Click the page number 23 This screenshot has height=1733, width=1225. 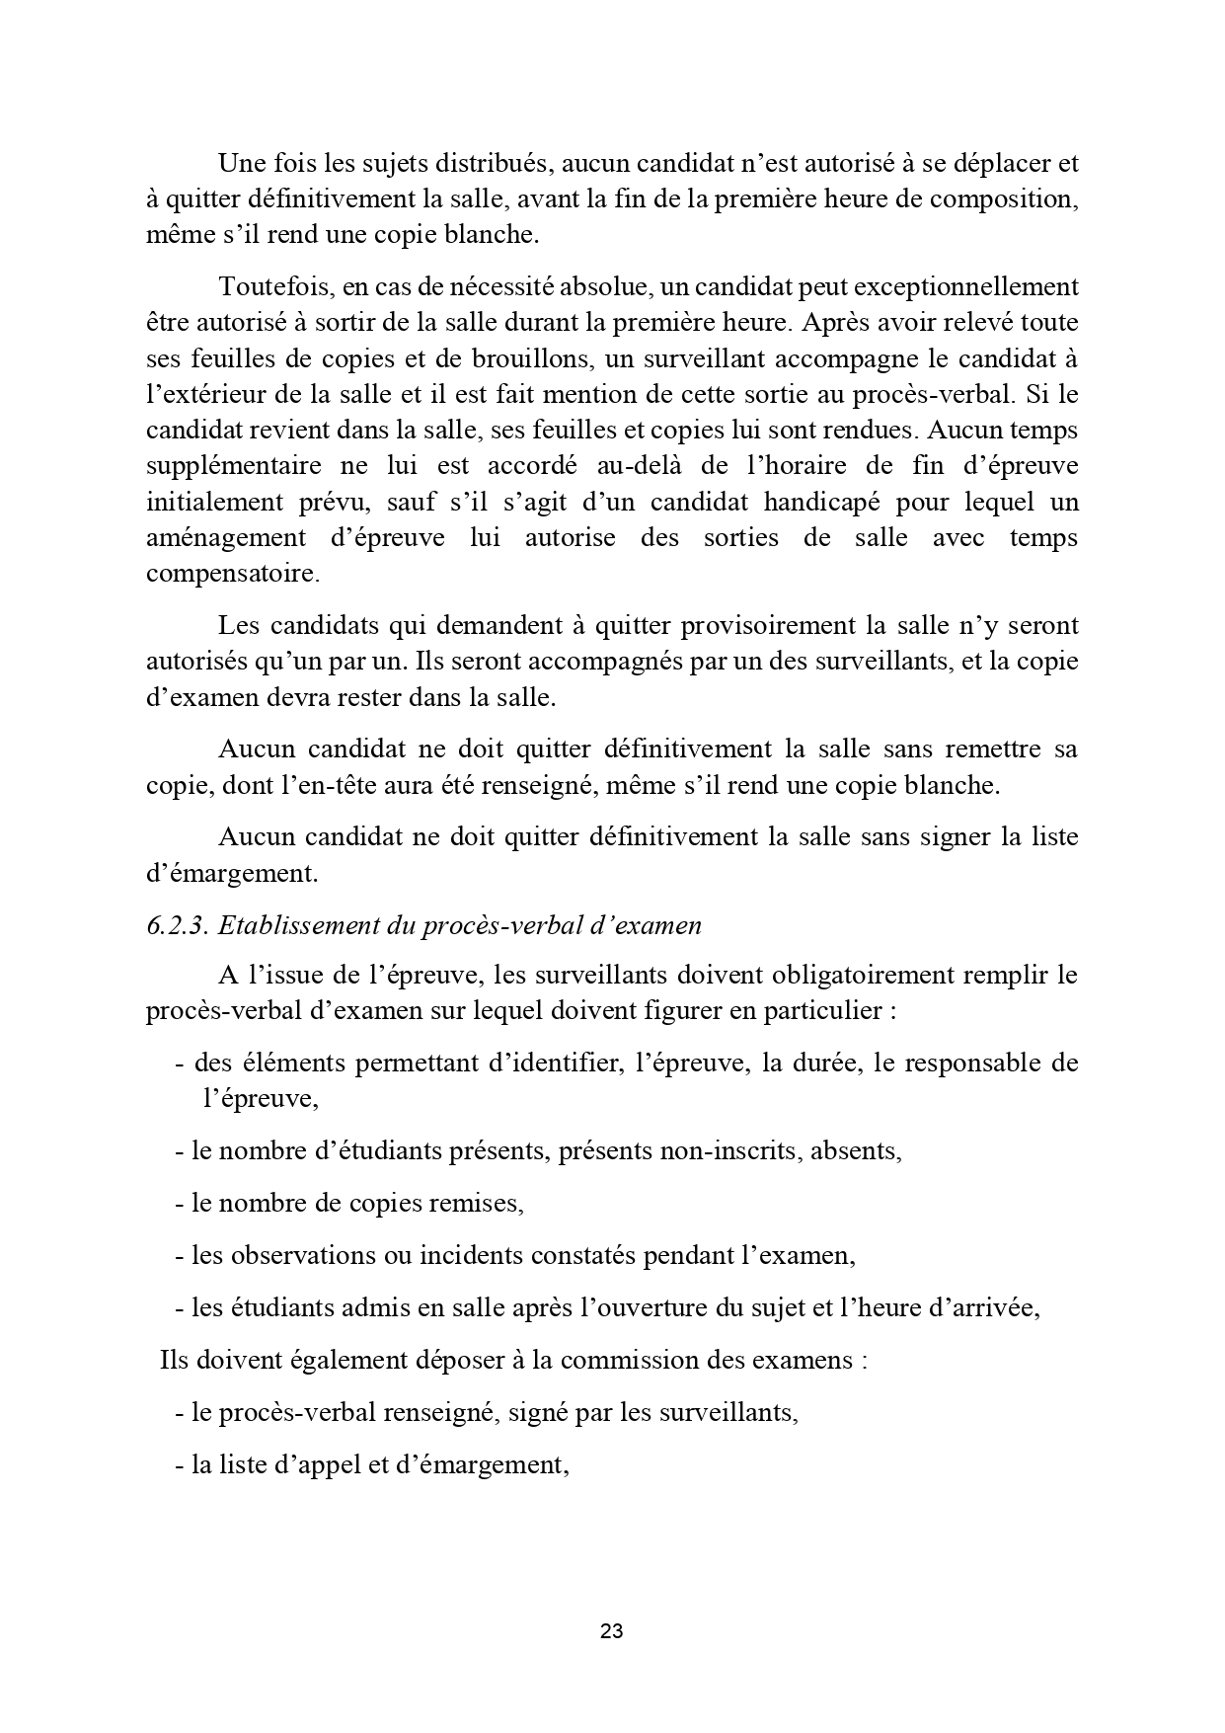611,1631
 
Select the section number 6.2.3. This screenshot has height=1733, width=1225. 177,925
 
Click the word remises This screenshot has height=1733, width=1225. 477,1203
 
